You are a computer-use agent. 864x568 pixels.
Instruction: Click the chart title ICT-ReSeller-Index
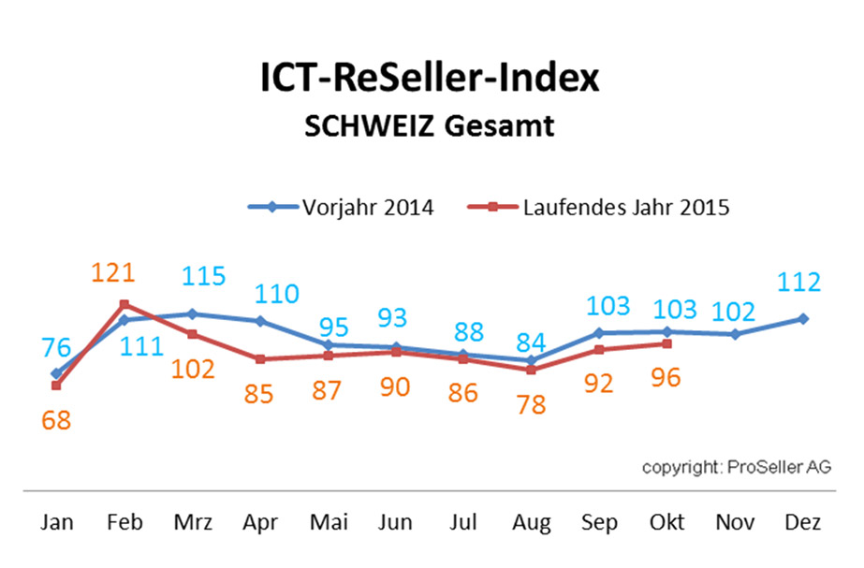tap(430, 79)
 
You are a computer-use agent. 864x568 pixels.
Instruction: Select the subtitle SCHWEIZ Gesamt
tap(430, 125)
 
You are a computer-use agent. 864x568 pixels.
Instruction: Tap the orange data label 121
tap(113, 273)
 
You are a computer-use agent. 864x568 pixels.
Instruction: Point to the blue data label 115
tap(203, 277)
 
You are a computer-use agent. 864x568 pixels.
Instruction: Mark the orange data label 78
tap(530, 405)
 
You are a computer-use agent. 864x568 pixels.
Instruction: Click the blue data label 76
tap(56, 347)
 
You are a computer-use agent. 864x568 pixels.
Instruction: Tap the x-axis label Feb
tap(124, 522)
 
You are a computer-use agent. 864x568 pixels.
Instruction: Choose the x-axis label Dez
tap(802, 522)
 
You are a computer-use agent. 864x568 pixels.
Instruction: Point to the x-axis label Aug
tap(531, 522)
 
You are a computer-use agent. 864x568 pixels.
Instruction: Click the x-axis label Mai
tap(328, 522)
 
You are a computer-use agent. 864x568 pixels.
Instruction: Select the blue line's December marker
tap(802, 319)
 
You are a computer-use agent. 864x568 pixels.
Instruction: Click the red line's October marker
tap(666, 343)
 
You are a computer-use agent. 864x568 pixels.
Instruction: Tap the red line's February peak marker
tap(124, 304)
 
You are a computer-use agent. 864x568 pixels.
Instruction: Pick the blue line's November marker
tap(735, 334)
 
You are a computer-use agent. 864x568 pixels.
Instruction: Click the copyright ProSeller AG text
tap(736, 467)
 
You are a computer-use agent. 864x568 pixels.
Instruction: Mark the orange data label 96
tap(666, 378)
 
